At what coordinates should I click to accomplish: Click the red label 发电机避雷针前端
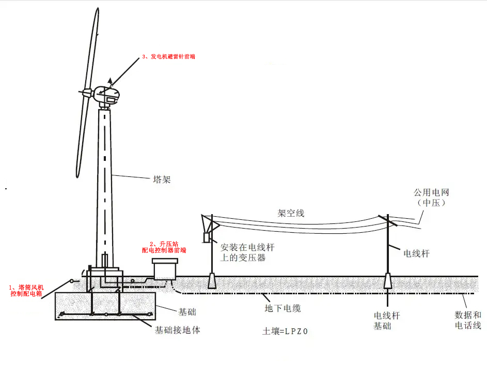click(169, 57)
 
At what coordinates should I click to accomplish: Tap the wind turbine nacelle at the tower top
click(107, 96)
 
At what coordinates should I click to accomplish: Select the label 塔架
click(162, 180)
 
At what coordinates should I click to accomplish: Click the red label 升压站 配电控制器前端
click(164, 247)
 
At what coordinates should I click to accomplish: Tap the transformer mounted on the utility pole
click(206, 237)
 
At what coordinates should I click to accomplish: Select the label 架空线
click(291, 213)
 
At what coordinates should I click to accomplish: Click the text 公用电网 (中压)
click(431, 198)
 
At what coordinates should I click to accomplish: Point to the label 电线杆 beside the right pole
click(416, 254)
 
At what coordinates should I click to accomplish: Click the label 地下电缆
click(282, 308)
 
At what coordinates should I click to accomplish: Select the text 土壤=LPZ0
click(285, 332)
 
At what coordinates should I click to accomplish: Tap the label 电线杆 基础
click(387, 321)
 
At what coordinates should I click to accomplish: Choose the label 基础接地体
click(177, 330)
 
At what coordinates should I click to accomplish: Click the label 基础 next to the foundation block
click(187, 312)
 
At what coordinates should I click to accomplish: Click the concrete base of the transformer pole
click(212, 280)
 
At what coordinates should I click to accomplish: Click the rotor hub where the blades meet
click(88, 93)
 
